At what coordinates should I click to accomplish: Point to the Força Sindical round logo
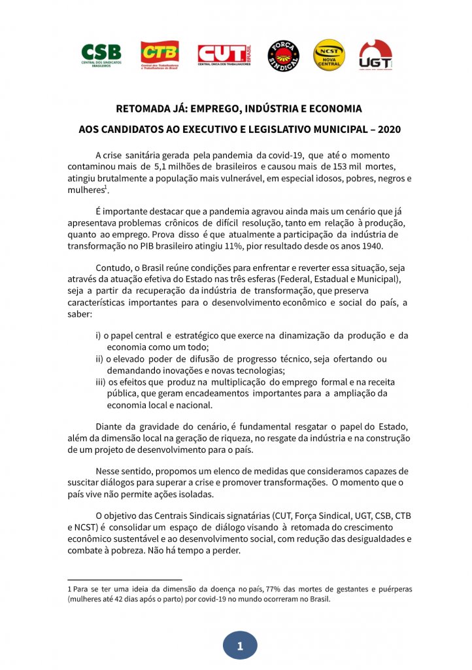tap(283, 56)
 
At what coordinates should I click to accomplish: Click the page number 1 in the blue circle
tap(240, 646)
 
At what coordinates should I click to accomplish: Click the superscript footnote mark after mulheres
tap(106, 187)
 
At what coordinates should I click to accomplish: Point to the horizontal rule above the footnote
tap(124, 580)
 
